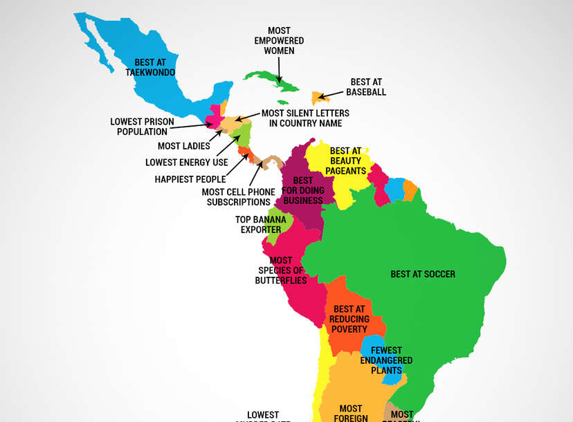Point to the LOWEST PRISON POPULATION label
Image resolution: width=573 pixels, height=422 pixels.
(142, 127)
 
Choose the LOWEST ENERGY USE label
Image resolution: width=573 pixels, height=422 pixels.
(186, 163)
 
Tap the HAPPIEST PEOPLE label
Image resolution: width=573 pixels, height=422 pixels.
(190, 180)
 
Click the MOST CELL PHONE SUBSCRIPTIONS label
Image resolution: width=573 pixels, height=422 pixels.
(238, 197)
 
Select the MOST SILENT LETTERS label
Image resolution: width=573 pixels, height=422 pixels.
(304, 118)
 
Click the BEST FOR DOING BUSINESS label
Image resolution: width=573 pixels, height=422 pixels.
(302, 190)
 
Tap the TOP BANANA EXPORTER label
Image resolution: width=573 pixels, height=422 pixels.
(260, 224)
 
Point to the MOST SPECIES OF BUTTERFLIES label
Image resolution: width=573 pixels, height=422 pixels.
(281, 270)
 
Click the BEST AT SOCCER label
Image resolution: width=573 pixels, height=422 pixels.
(423, 274)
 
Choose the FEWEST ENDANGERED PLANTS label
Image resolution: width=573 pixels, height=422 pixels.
(386, 360)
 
